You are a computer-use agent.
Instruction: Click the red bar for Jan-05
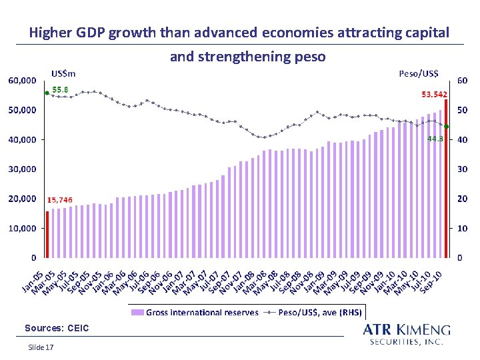click(x=47, y=235)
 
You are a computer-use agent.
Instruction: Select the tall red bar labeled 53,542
click(x=446, y=179)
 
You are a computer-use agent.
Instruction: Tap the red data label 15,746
click(x=60, y=200)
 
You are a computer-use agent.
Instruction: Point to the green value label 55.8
click(x=60, y=90)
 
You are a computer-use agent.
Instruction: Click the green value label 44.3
click(x=435, y=139)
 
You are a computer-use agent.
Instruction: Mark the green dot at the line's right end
click(x=446, y=127)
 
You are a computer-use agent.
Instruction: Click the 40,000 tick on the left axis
click(x=23, y=139)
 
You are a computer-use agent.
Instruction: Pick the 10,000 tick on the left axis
click(x=23, y=229)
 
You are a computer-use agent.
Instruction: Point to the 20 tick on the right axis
click(x=462, y=199)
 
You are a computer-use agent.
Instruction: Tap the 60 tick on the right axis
click(x=462, y=81)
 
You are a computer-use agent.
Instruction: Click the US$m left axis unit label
click(x=63, y=74)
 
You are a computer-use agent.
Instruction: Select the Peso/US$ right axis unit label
click(x=419, y=73)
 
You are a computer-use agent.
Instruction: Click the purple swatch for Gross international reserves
click(x=137, y=313)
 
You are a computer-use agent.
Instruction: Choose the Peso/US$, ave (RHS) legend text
click(x=320, y=313)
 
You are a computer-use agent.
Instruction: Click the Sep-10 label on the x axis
click(x=431, y=282)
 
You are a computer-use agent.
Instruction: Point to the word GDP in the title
click(x=90, y=33)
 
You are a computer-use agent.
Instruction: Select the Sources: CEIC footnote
click(x=57, y=328)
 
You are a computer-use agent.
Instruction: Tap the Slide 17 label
click(x=41, y=347)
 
